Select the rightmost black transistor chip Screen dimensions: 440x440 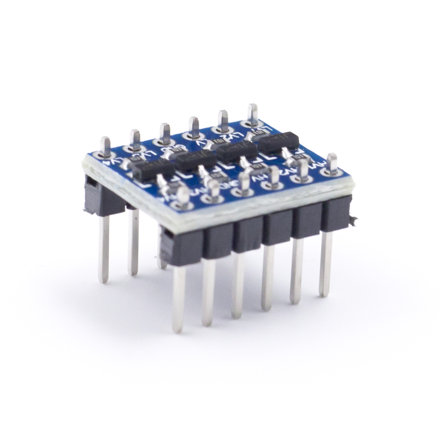pyautogui.click(x=279, y=141)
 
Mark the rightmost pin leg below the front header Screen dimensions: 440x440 pyautogui.click(x=325, y=264)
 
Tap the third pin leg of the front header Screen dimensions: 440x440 pyautogui.click(x=238, y=286)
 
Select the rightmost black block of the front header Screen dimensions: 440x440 pyautogui.click(x=336, y=213)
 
